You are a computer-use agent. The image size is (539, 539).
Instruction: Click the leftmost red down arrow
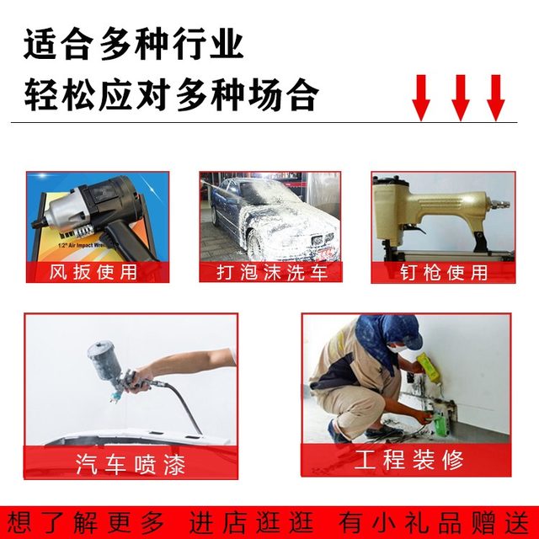pyautogui.click(x=421, y=97)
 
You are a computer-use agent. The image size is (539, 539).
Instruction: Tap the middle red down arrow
pyautogui.click(x=459, y=97)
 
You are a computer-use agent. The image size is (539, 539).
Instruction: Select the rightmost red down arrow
pyautogui.click(x=496, y=97)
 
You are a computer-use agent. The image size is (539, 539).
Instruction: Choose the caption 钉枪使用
pyautogui.click(x=443, y=273)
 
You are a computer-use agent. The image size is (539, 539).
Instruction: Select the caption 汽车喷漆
pyautogui.click(x=130, y=463)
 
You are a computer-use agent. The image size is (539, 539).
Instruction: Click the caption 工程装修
pyautogui.click(x=408, y=460)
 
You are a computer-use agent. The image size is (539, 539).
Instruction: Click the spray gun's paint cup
pyautogui.click(x=103, y=357)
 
